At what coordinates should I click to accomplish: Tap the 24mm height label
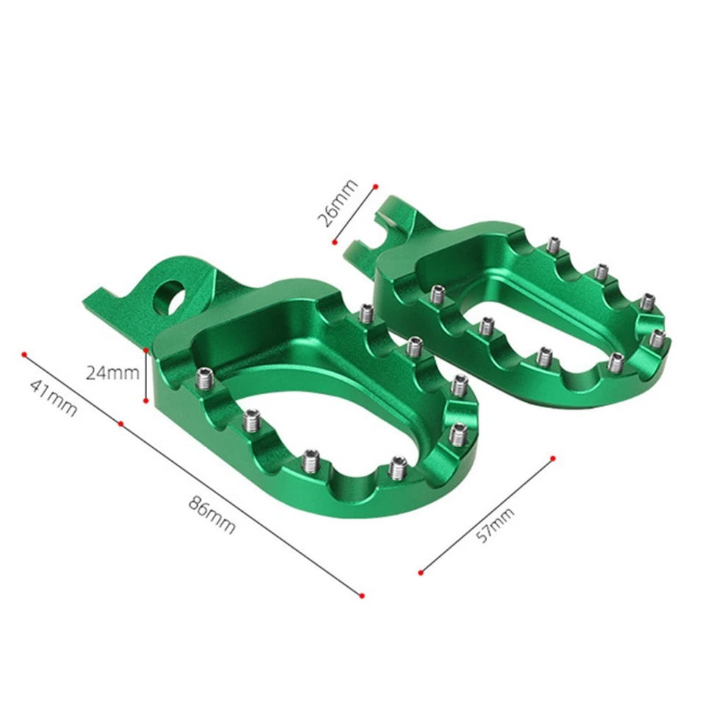point(113,373)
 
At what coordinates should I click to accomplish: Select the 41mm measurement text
point(52,397)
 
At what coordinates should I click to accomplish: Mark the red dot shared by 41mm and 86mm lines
point(121,424)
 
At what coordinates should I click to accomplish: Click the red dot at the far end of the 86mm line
point(361,594)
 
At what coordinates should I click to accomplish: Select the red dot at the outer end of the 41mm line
point(24,354)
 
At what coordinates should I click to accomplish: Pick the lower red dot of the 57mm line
point(421,571)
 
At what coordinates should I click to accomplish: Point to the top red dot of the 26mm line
point(375,186)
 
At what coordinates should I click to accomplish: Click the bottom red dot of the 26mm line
point(333,240)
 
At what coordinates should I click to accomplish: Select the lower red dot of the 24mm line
point(146,402)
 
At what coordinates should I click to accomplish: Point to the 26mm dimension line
point(354,213)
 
